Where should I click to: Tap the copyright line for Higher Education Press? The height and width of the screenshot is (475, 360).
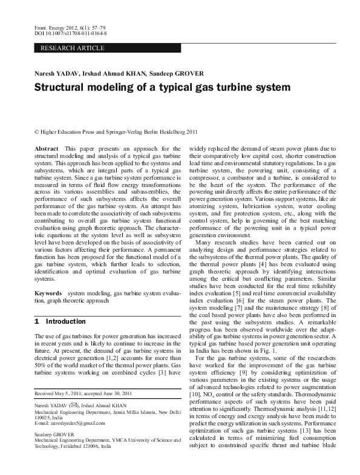point(116,131)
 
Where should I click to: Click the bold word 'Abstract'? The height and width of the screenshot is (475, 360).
point(47,148)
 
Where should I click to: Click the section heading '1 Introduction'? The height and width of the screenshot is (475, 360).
point(60,321)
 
